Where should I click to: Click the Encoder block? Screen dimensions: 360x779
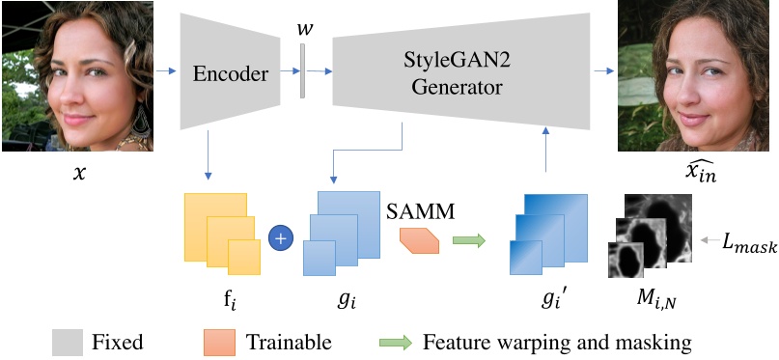(x=229, y=72)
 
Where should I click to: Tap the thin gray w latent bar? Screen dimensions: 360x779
(x=302, y=70)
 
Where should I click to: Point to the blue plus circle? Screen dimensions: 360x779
(x=281, y=236)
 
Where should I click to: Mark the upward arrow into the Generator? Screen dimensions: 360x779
(x=547, y=153)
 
